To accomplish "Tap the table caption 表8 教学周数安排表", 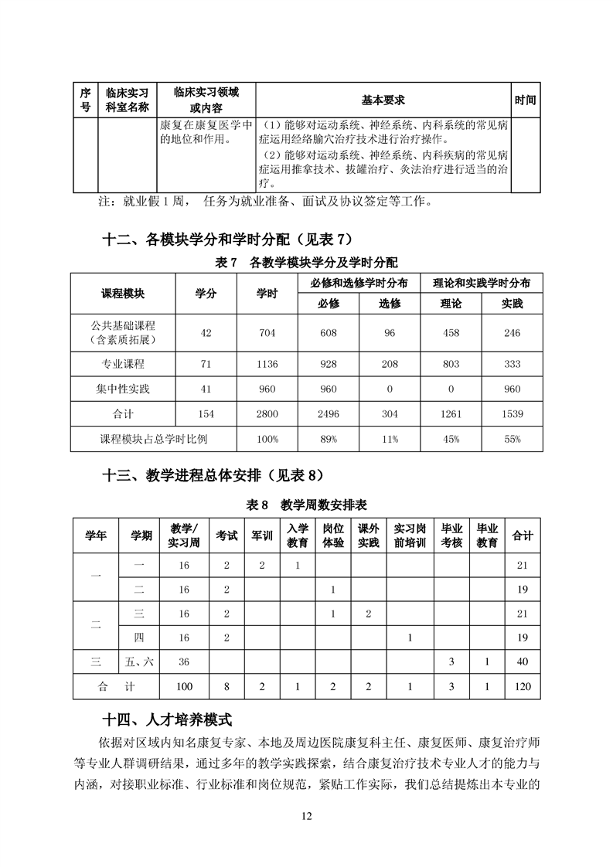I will (306, 505).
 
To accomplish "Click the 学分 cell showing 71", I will (206, 362).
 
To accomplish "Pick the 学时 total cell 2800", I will (267, 414).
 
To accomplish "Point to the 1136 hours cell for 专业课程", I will (267, 362).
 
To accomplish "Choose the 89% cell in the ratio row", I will (329, 439).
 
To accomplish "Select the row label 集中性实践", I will (123, 389).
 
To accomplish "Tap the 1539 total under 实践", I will (512, 414).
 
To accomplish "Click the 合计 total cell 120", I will (523, 686).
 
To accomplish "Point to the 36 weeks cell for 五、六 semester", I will (184, 661).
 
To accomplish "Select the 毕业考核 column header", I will (451, 535).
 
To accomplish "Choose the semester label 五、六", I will (140, 661).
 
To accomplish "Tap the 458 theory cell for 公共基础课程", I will (450, 333).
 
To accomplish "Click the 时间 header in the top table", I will (526, 100).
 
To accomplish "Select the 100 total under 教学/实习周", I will (184, 686).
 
